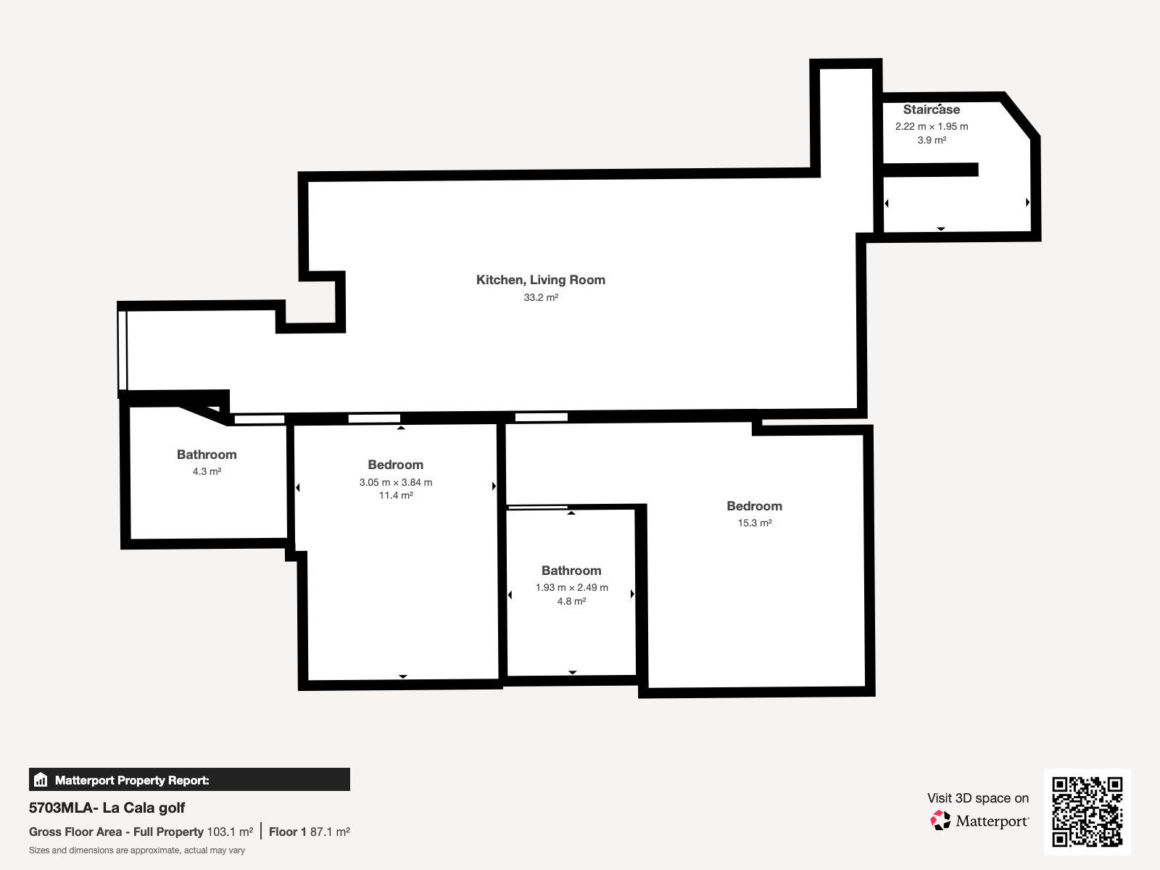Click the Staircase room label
tap(931, 109)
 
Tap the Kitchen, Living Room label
tap(541, 280)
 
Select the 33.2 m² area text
tap(541, 297)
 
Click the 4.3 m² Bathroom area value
tap(207, 471)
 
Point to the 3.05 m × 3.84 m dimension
tap(396, 482)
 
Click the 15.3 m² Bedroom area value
tap(755, 523)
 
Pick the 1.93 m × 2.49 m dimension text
tap(572, 587)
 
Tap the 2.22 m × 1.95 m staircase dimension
tap(932, 126)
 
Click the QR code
tap(1087, 811)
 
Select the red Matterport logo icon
tap(940, 821)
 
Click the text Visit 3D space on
tap(978, 798)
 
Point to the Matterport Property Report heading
tap(132, 780)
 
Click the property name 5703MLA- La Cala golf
tap(107, 808)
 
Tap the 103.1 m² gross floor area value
tap(230, 832)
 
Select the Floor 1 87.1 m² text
tap(310, 832)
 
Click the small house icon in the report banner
tap(41, 779)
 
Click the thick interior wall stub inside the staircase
tap(931, 170)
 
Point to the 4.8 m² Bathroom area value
tap(572, 601)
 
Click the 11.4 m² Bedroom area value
tap(396, 495)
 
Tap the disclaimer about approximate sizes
tap(137, 850)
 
